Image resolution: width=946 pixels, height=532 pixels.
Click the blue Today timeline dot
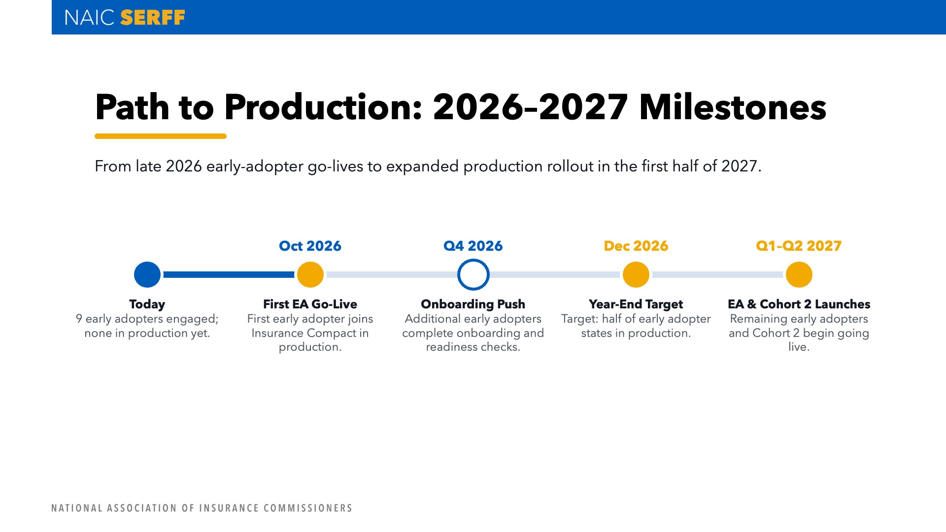(147, 274)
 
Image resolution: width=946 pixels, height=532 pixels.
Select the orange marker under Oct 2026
(310, 274)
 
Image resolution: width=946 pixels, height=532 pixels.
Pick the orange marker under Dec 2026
(636, 274)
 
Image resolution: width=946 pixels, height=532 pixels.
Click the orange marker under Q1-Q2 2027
(799, 274)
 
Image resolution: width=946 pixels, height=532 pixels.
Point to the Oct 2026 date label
(310, 246)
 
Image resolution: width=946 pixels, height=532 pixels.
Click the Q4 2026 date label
(473, 246)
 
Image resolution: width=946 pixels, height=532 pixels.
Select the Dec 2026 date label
(636, 246)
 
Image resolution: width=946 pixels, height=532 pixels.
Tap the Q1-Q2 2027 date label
(799, 246)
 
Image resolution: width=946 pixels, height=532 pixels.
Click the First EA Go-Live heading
(310, 304)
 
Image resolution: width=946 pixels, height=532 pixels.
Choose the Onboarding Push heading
(473, 304)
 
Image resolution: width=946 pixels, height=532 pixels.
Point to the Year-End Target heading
(636, 304)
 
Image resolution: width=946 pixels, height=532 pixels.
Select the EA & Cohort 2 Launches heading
(799, 304)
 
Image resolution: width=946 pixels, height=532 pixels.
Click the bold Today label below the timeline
(147, 304)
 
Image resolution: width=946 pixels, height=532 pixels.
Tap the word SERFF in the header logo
(153, 18)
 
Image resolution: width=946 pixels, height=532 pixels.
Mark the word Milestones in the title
(733, 107)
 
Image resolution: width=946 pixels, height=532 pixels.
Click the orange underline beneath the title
(161, 136)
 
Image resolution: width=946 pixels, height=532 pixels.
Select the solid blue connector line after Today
(229, 274)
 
